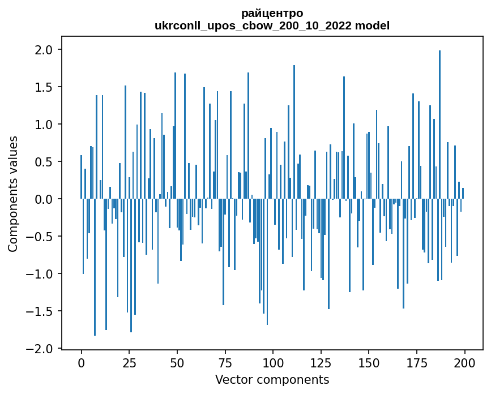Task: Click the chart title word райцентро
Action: [x=272, y=13]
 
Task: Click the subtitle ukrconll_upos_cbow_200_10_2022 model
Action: [x=272, y=25]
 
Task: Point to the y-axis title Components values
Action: [x=12, y=194]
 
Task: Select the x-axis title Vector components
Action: [x=272, y=379]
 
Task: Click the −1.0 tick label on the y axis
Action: [x=41, y=274]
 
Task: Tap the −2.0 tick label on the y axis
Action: [x=41, y=348]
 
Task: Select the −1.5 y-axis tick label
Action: [x=41, y=311]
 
